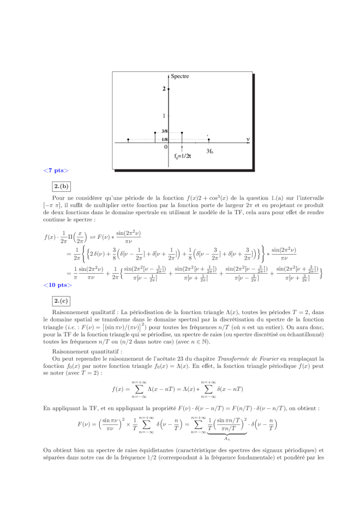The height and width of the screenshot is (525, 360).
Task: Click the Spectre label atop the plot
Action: tap(180, 76)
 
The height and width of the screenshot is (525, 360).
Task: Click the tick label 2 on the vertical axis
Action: tap(164, 88)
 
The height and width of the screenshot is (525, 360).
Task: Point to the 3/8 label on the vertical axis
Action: tap(164, 132)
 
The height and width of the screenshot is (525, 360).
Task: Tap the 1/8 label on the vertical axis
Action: tap(164, 140)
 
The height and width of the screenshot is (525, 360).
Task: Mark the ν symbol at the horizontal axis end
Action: tap(248, 140)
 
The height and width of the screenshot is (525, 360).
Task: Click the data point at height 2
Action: tap(169, 88)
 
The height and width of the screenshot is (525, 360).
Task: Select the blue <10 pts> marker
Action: tap(58, 285)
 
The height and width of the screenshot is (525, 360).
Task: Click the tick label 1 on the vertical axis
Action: tap(164, 116)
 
